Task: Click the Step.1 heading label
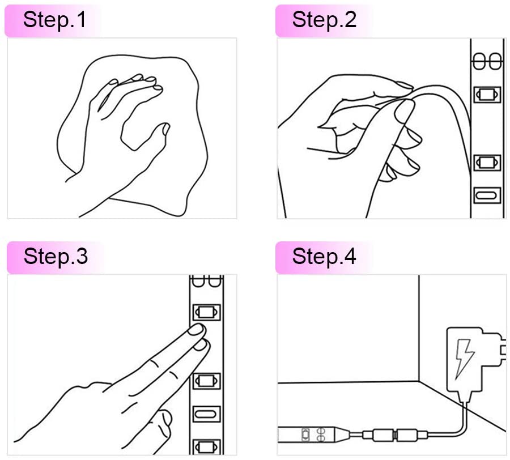tap(54, 20)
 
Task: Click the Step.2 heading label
tap(324, 20)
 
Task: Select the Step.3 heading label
tap(56, 257)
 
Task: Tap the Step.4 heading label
tap(324, 257)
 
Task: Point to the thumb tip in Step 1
tap(165, 128)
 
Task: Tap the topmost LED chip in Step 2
tap(487, 95)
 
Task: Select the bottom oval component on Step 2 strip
tap(487, 195)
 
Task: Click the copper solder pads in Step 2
tap(487, 61)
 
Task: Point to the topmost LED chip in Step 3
tap(206, 312)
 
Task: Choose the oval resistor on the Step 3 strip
tap(206, 414)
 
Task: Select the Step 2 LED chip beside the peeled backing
tap(487, 163)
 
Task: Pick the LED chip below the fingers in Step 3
tap(206, 381)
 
